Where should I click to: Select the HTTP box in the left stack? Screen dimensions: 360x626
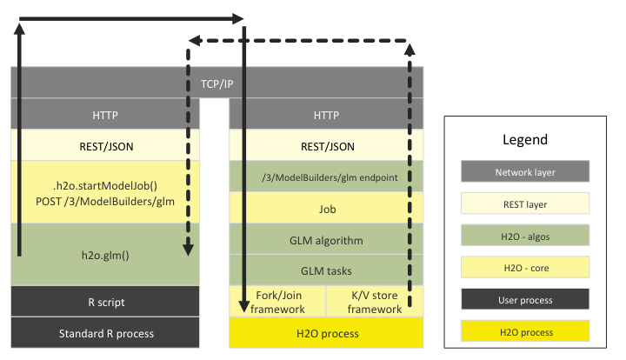click(x=105, y=115)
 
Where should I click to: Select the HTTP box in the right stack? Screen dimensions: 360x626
click(x=326, y=115)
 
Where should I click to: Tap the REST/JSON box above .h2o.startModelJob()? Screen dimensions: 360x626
click(x=105, y=146)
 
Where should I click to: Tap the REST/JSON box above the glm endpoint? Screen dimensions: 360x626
click(x=326, y=146)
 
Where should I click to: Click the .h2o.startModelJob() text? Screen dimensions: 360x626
click(x=105, y=184)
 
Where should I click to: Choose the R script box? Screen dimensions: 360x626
click(x=105, y=302)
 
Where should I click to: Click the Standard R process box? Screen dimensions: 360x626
click(x=105, y=333)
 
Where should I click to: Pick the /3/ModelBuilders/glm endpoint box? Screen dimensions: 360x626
click(x=326, y=177)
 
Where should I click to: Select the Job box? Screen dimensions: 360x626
click(x=326, y=209)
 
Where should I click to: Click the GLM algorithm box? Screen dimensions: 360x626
click(x=326, y=240)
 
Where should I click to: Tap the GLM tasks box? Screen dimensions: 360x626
click(x=326, y=270)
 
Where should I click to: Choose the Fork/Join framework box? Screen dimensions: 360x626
click(x=277, y=302)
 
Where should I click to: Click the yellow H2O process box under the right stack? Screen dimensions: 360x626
click(x=326, y=333)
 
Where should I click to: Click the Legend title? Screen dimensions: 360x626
click(x=525, y=139)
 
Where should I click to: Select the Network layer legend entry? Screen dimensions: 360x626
click(x=526, y=171)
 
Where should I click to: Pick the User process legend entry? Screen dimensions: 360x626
click(x=526, y=299)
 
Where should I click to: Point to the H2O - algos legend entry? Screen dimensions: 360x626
click(x=526, y=235)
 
